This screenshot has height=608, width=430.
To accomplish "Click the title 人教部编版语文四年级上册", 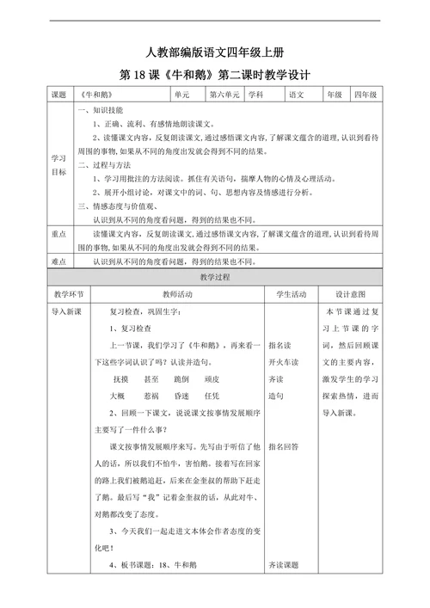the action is click(x=215, y=52).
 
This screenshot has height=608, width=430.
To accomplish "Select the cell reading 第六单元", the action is click(x=224, y=94).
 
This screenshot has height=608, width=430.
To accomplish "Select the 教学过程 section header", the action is click(x=215, y=278).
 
